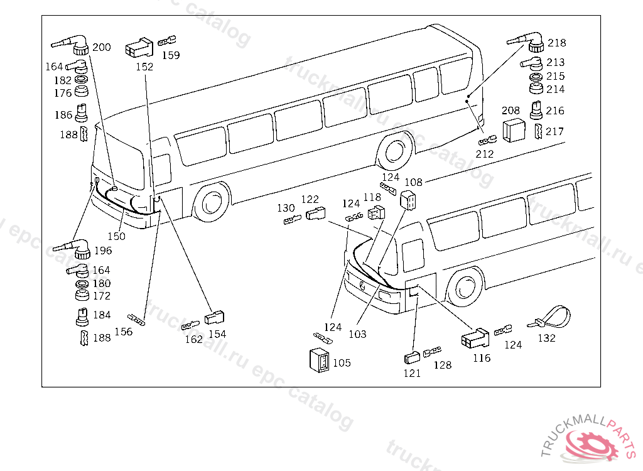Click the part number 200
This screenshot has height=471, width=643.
pos(102,47)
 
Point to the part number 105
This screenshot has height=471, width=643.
pos(342,363)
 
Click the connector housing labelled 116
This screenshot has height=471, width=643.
pos(475,337)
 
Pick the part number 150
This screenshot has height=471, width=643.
pos(116,236)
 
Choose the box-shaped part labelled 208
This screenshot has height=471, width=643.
pos(514,130)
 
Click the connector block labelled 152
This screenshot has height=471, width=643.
pos(139,47)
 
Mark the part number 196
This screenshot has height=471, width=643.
pos(103,251)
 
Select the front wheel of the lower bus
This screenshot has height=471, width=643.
pos(465,287)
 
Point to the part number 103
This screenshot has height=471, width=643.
pos(357,334)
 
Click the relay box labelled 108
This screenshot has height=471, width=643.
pos(408,200)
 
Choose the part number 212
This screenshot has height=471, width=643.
pos(485,154)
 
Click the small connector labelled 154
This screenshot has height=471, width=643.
pos(214,317)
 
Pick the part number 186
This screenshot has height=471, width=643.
pos(63,114)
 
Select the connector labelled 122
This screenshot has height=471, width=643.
pos(316,214)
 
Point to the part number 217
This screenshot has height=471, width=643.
pos(554,131)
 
